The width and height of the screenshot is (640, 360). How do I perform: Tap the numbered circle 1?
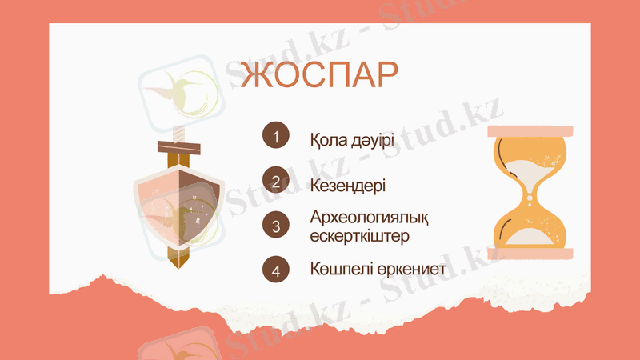pyautogui.click(x=274, y=137)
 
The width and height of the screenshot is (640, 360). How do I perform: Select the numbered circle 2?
pyautogui.click(x=274, y=181)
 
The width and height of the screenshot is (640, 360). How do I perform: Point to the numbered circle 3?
pyautogui.click(x=274, y=225)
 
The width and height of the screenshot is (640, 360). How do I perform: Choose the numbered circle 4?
pyautogui.click(x=274, y=270)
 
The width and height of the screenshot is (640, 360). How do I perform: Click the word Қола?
pyautogui.click(x=327, y=139)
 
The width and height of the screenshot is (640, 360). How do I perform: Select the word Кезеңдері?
pyautogui.click(x=348, y=185)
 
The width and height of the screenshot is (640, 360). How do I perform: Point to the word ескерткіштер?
pyautogui.click(x=360, y=236)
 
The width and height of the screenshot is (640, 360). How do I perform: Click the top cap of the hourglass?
pyautogui.click(x=530, y=130)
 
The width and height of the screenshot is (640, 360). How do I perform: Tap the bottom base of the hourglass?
pyautogui.click(x=530, y=254)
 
